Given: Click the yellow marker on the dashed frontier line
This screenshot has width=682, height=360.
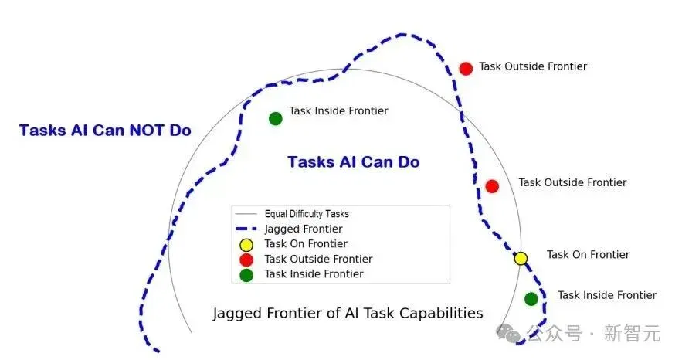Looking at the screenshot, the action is point(521,259).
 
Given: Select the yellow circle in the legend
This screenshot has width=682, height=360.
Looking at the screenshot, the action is point(246,245).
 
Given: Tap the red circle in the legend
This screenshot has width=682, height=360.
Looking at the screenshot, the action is point(246,260).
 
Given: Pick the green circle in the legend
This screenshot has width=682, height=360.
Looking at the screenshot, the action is point(246,275).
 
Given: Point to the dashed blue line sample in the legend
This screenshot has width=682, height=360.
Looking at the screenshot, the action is point(246,229).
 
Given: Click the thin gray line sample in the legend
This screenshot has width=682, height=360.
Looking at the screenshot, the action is point(246,214).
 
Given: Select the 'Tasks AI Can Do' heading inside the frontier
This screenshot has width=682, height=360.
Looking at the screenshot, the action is point(354,161).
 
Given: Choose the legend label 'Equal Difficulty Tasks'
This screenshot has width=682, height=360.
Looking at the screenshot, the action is point(307,214).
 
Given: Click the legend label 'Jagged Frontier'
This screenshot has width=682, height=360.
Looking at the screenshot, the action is point(304,229).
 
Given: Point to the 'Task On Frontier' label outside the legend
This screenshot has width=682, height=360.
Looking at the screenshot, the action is point(588,254).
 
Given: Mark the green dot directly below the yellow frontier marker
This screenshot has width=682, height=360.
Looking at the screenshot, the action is point(531,299).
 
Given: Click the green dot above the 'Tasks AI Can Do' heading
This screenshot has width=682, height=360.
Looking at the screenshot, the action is point(275,118).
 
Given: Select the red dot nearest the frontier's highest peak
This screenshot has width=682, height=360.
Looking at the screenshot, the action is point(466,69).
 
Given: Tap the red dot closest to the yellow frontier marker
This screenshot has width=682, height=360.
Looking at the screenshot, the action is point(492,186).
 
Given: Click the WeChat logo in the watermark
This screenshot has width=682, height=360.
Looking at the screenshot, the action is point(509,333).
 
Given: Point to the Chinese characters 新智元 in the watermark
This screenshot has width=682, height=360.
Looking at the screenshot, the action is point(633,334).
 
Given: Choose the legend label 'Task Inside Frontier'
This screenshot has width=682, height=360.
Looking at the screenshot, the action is point(314,274).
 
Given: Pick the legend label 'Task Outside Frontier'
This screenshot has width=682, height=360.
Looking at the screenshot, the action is point(318,259).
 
